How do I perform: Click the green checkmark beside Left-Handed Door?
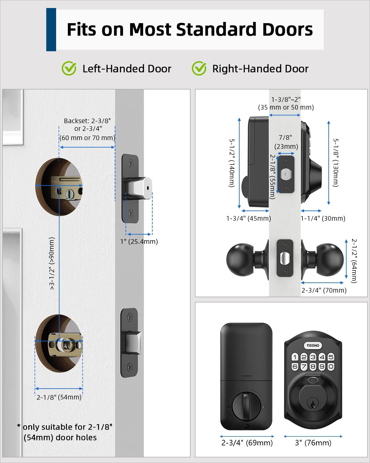pyautogui.click(x=69, y=68)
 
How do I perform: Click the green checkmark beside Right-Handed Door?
pyautogui.click(x=199, y=68)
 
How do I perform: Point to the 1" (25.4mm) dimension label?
pyautogui.click(x=139, y=241)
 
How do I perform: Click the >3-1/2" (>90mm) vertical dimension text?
pyautogui.click(x=52, y=263)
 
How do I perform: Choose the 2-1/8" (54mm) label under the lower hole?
pyautogui.click(x=59, y=397)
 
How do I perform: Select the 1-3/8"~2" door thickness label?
pyautogui.click(x=286, y=103)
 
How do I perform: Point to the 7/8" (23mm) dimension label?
pyautogui.click(x=286, y=142)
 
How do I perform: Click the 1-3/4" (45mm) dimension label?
pyautogui.click(x=249, y=219)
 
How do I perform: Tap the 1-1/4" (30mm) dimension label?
pyautogui.click(x=323, y=219)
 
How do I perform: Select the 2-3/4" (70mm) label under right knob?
pyautogui.click(x=324, y=290)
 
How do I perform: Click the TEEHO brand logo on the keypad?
pyautogui.click(x=313, y=345)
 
